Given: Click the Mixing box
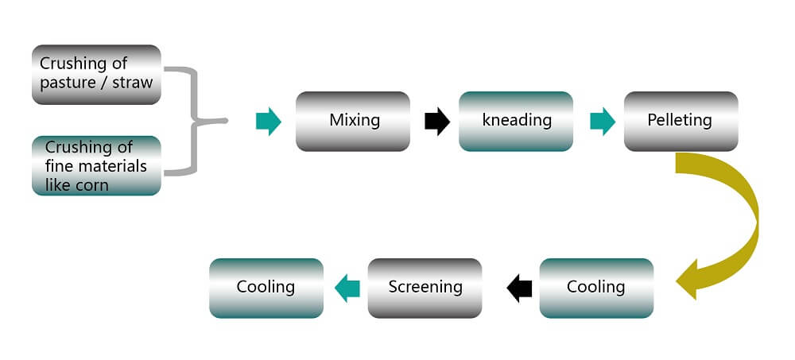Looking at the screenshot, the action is [x=353, y=121].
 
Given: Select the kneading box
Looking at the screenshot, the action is [x=516, y=121].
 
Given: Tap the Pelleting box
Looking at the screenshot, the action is [x=681, y=121].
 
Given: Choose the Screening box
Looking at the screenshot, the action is [x=425, y=288].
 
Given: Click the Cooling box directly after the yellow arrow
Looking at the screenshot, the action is [x=596, y=288].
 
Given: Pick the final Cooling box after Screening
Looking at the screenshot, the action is [x=266, y=288].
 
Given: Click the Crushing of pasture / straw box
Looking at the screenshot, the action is [x=96, y=75].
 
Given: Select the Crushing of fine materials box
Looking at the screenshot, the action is [x=96, y=166].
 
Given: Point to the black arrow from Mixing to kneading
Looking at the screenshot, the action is [x=437, y=122].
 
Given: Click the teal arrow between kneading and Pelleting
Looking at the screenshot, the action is [x=603, y=122].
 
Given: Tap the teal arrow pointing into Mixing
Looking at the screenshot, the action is [x=268, y=122].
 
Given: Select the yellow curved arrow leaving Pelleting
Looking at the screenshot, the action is [x=750, y=223].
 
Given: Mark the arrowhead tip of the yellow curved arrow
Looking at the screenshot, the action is [x=677, y=280].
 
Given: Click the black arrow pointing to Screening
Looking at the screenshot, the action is [x=519, y=288].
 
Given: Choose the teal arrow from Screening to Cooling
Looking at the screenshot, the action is [x=347, y=288].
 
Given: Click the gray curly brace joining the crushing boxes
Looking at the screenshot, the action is [x=195, y=121].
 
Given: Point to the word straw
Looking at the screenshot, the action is [x=132, y=83].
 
